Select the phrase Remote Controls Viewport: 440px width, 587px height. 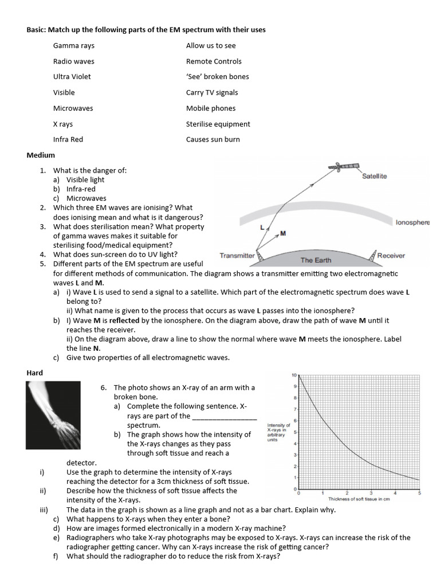[214, 61]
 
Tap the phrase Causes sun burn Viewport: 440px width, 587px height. [213, 139]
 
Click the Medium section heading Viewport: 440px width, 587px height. [41, 155]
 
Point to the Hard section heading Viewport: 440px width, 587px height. [35, 373]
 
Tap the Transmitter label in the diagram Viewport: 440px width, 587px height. [237, 256]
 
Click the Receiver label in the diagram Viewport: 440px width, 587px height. [391, 256]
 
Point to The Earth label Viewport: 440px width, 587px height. [316, 260]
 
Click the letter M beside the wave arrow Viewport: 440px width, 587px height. [283, 233]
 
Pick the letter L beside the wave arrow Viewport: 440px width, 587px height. [262, 228]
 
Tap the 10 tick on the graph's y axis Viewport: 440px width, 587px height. [294, 375]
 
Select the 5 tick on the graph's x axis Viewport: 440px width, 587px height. [419, 493]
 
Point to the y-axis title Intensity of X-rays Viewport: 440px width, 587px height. [278, 433]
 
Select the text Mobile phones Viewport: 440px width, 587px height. [211, 108]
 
